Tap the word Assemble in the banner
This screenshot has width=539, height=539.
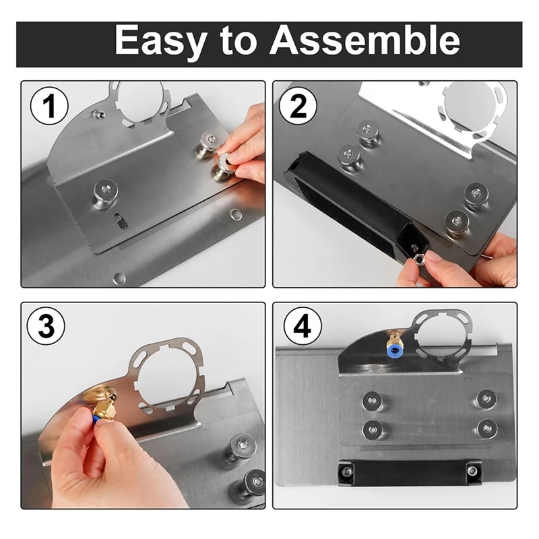coord(364,40)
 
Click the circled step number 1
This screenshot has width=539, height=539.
coord(49,106)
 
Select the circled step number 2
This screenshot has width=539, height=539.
coord(298,106)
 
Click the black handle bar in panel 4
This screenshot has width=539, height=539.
coord(409,472)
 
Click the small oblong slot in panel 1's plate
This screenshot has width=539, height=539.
coord(121,220)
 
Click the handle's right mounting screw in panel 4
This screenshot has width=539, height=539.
coord(472,470)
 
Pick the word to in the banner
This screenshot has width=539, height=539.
coord(239,41)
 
